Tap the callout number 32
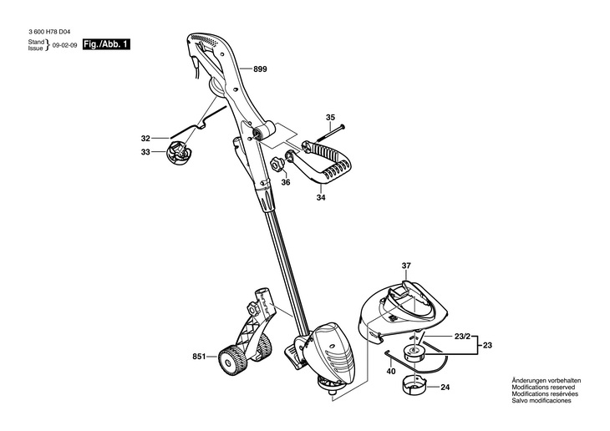point(145,138)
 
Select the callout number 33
point(145,152)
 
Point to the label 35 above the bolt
point(330,117)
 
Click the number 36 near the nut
point(285,182)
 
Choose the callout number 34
point(320,199)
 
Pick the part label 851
point(198,357)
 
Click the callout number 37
point(406,267)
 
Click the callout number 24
point(445,387)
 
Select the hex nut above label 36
point(275,162)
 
